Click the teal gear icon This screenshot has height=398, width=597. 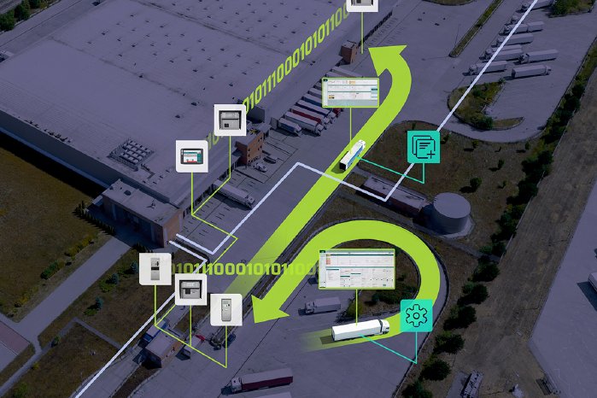coord(416,315)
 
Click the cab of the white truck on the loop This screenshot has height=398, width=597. coord(381,325)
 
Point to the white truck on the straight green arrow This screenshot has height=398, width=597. coord(352,155)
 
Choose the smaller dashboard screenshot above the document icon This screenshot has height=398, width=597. coord(350,92)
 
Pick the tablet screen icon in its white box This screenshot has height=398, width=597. coord(192,156)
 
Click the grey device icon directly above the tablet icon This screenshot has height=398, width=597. coord(230,120)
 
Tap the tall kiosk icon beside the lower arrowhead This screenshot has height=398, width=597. coord(226,309)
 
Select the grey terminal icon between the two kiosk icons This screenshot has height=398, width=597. coord(190,289)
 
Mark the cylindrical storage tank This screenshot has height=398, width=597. coord(450,212)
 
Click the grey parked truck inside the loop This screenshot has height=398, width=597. coord(322,305)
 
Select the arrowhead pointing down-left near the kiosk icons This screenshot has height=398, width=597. coord(265,311)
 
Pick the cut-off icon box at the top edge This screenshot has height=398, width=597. coord(362,4)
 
